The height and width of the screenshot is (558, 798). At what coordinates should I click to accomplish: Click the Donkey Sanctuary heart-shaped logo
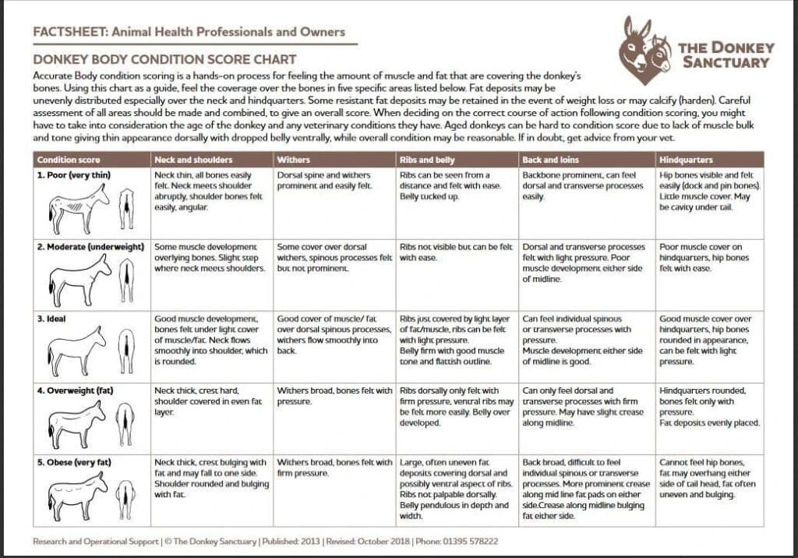644,51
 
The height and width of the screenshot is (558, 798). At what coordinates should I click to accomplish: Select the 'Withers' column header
293,160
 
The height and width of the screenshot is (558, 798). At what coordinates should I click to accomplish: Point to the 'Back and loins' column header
549,160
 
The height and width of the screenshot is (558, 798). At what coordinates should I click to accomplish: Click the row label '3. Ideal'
54,319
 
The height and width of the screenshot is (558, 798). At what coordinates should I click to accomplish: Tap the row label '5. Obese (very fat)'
75,463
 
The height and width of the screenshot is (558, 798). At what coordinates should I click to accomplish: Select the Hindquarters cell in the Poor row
708,192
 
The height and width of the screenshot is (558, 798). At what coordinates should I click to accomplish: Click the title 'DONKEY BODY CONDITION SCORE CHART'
164,59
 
